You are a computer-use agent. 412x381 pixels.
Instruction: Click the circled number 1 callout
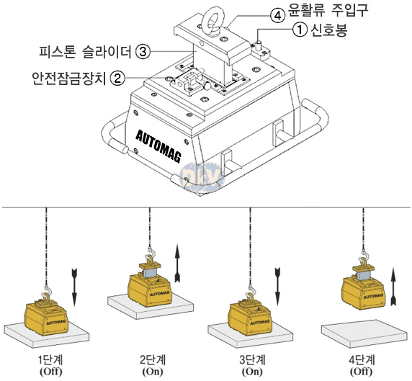tap(300, 30)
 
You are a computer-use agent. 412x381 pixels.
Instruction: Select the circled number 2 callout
tap(117, 78)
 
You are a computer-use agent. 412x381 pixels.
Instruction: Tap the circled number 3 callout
tap(143, 52)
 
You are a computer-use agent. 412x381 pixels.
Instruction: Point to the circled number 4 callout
tap(278, 16)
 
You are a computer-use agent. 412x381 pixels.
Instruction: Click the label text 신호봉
tap(329, 30)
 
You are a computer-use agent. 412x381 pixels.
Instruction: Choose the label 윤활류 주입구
tap(328, 10)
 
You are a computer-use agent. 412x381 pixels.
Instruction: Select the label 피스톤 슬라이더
tap(85, 51)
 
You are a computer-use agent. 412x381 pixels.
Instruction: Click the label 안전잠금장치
tap(68, 78)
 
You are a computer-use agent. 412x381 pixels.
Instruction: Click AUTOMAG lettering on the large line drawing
tap(158, 146)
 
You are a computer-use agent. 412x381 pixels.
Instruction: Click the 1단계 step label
tap(50, 359)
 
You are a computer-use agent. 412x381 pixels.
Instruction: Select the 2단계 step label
tap(153, 359)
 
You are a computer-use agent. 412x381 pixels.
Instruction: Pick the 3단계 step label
tap(252, 359)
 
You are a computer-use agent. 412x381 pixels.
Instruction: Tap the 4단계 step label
tap(362, 359)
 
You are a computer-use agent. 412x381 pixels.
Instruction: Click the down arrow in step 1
tap(74, 287)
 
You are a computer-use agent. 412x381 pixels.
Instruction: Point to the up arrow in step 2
tap(178, 264)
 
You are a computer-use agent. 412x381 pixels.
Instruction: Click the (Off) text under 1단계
tap(50, 372)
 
